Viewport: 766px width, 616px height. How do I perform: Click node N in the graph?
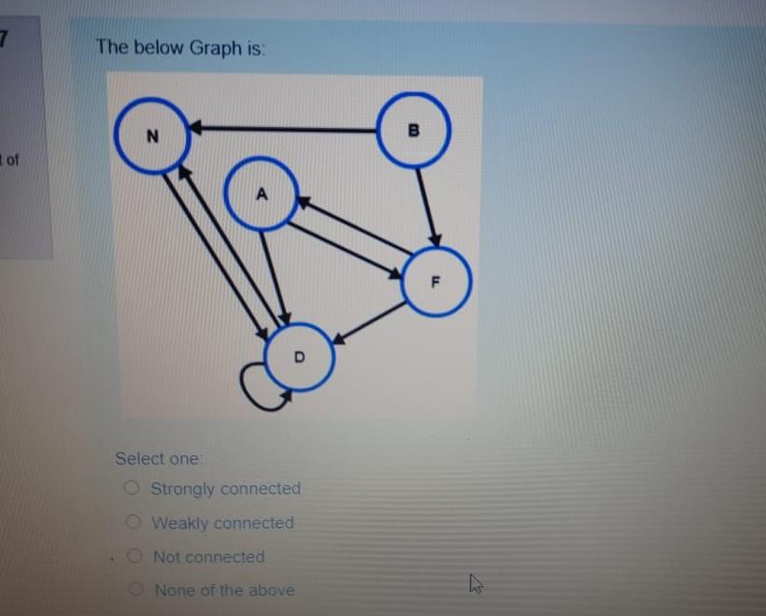coord(153,136)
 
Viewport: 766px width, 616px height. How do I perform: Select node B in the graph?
coord(414,130)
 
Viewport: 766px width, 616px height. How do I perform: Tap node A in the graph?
coord(262,194)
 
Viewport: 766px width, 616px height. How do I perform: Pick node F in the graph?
coord(436,281)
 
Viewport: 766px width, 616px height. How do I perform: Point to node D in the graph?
coord(299,357)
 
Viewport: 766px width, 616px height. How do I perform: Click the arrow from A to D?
coord(274,276)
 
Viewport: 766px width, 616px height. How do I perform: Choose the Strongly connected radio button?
coord(133,487)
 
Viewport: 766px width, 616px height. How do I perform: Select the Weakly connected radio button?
coord(134,522)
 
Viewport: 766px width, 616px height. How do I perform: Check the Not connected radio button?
coord(135,556)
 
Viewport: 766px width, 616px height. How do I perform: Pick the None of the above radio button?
coord(137,590)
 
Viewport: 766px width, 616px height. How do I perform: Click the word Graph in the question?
coord(216,48)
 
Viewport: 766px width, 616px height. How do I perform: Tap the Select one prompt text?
coord(157,458)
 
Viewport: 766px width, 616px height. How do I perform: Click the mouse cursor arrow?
coord(475,585)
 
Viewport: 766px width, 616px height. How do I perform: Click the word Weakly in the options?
coord(178,523)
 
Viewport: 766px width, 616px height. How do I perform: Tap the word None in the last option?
coord(175,590)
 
